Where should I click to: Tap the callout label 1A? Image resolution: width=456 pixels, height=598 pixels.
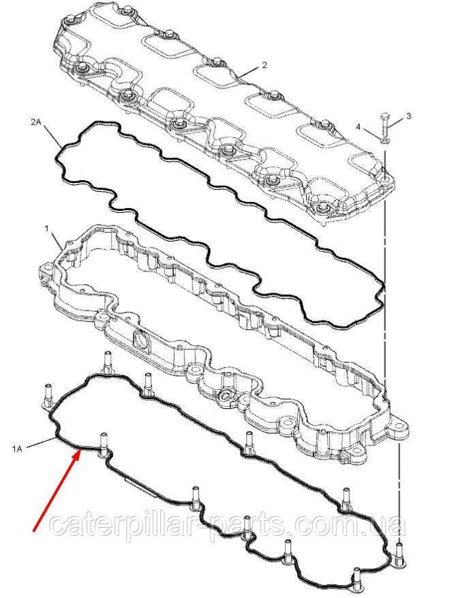click(x=17, y=449)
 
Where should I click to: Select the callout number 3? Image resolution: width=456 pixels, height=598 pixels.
click(x=408, y=116)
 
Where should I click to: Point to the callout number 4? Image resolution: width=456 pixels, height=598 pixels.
click(x=358, y=126)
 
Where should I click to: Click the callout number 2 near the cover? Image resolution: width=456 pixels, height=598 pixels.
click(x=264, y=66)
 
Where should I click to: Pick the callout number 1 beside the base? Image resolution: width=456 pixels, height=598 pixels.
click(x=46, y=229)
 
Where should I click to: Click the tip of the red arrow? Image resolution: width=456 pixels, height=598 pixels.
click(x=80, y=450)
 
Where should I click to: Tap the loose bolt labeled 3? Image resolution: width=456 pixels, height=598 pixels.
click(x=384, y=126)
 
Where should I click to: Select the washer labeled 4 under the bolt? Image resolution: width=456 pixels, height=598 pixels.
click(x=384, y=142)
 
